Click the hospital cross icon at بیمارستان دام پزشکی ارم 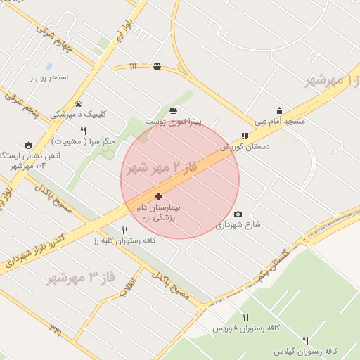point(158,196)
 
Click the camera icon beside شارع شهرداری point(238,214)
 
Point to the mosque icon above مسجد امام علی point(279,110)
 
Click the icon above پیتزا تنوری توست point(173,110)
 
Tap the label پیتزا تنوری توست point(173,122)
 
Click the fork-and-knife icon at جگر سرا point(83,131)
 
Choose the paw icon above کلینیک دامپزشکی point(78,103)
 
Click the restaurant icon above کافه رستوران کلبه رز point(125,229)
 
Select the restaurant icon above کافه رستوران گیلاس point(305,340)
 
